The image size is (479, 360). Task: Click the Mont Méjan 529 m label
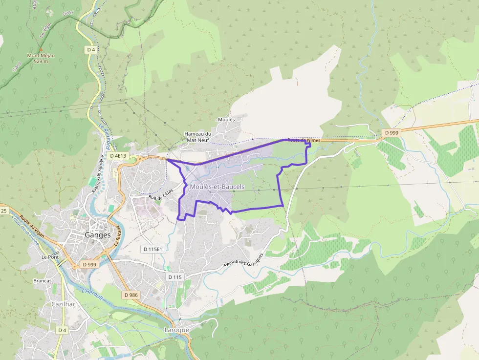point(41,58)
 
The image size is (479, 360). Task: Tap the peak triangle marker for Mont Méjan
point(41,49)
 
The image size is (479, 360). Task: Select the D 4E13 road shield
point(118,156)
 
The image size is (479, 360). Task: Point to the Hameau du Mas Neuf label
point(197,137)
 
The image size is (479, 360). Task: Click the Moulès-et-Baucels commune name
point(217,187)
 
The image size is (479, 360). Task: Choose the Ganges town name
point(98,234)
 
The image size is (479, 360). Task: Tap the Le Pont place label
point(50,256)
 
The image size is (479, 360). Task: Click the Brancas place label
point(43,281)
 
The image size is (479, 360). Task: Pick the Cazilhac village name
point(64,304)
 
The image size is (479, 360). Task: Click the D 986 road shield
point(131,295)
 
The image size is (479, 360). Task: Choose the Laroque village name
point(176,330)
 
